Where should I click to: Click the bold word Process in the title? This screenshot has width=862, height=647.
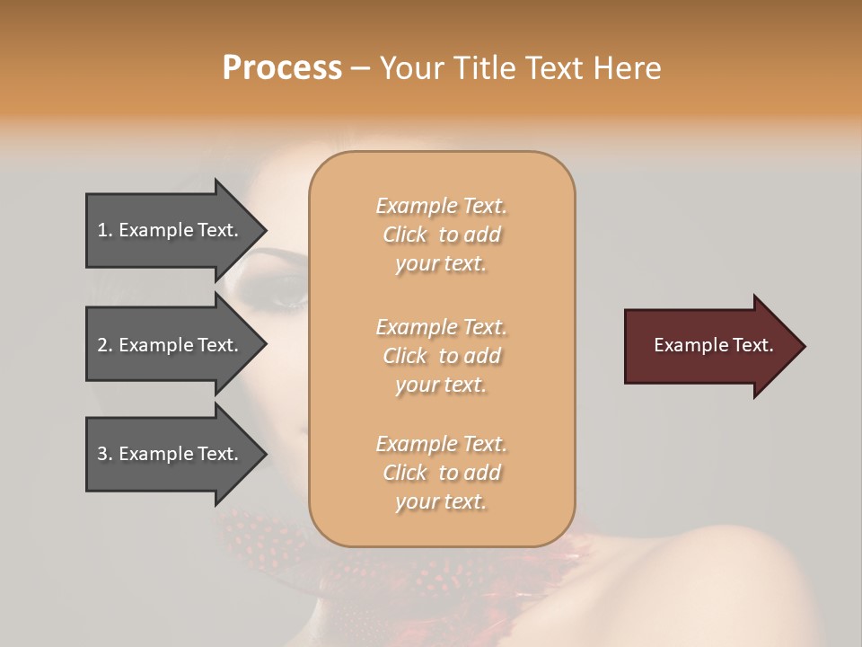click(282, 68)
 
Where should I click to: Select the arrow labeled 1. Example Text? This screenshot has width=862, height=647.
click(171, 230)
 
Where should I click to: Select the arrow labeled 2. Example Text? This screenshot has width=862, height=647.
click(171, 345)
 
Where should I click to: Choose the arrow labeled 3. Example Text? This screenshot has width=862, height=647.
click(171, 454)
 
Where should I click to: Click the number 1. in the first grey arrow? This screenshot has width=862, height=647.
click(105, 230)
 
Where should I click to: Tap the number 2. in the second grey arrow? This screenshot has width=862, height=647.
click(105, 345)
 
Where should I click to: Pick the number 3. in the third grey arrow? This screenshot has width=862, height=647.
click(105, 454)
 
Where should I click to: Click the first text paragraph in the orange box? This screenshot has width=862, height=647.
click(441, 235)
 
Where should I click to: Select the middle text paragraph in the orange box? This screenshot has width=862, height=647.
click(441, 355)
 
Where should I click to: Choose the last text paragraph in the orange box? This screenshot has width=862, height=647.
click(441, 473)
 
